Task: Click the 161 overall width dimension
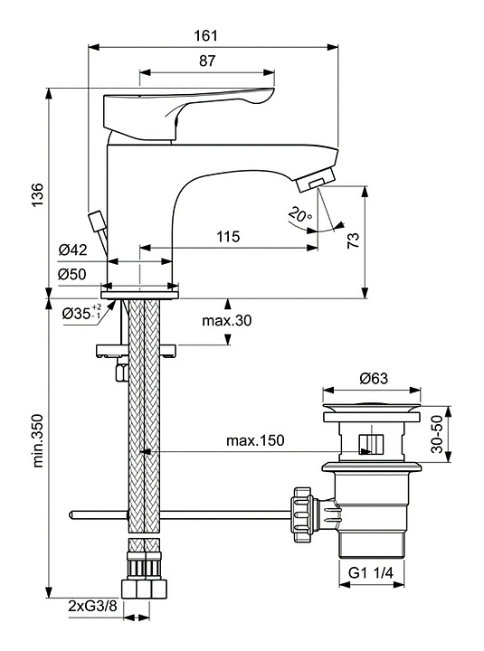click(x=206, y=35)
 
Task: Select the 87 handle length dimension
click(x=207, y=61)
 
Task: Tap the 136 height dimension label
click(x=37, y=194)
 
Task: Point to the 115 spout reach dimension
click(x=228, y=237)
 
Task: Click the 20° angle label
click(x=300, y=214)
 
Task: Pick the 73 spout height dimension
click(x=353, y=241)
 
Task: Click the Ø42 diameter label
click(x=72, y=250)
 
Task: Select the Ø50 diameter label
click(x=71, y=274)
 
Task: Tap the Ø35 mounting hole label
click(x=81, y=313)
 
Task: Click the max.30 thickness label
click(x=226, y=320)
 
